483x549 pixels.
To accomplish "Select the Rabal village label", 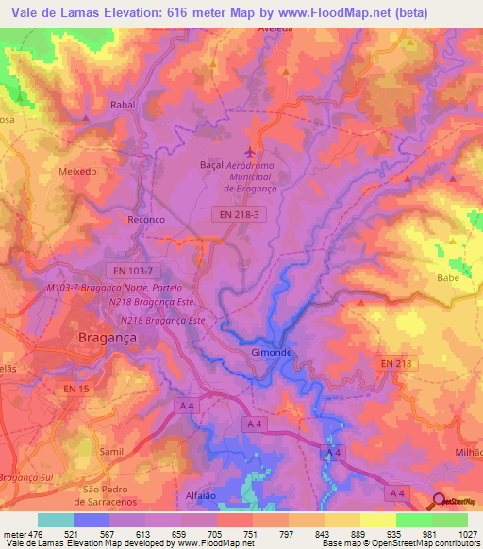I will click(x=124, y=106).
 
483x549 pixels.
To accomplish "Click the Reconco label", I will click(x=146, y=219).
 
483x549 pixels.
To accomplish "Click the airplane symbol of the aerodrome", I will click(x=250, y=151).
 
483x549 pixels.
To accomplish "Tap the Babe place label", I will click(x=447, y=278).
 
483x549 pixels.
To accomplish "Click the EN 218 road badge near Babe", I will click(x=396, y=363).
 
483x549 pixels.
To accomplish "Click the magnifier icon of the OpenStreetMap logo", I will click(x=440, y=502).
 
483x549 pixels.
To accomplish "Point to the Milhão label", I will click(x=468, y=427).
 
